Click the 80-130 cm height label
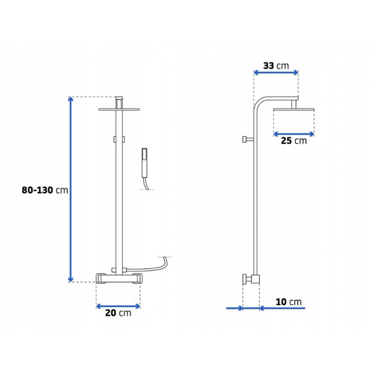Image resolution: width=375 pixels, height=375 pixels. [45, 190]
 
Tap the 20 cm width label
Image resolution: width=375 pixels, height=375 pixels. [118, 313]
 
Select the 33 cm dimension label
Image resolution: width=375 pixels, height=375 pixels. [276, 66]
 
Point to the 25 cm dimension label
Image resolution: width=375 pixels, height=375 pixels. [294, 141]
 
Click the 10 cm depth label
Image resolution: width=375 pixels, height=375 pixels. [289, 302]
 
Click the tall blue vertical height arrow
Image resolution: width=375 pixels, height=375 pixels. [70, 189]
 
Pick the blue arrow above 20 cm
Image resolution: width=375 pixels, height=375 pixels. [118, 306]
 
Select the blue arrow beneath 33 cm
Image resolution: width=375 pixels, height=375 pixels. [276, 72]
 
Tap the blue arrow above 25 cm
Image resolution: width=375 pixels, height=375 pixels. [294, 134]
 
